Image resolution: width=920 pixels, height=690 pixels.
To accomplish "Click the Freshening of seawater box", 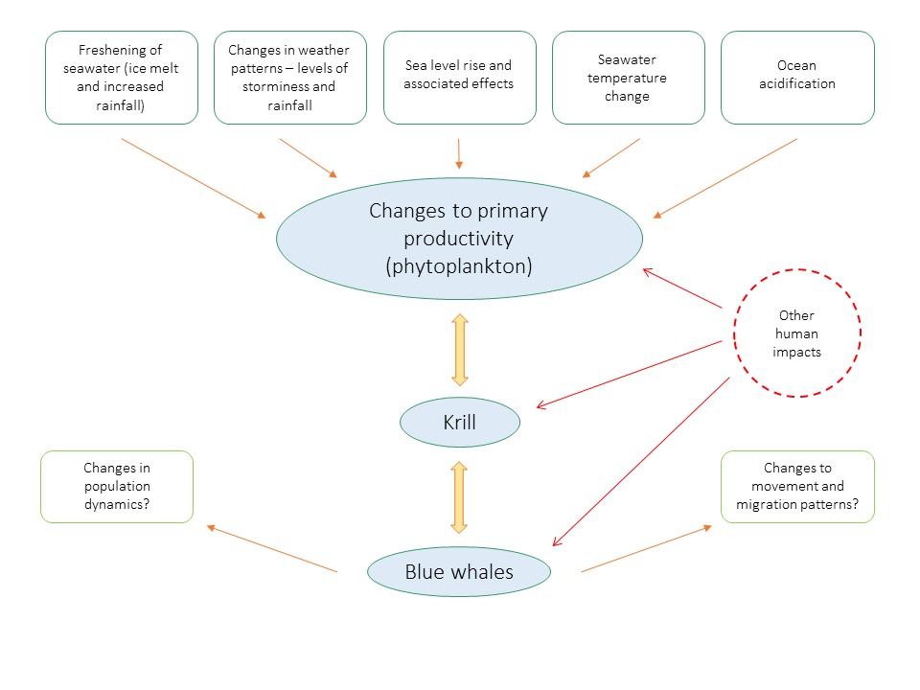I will pyautogui.click(x=122, y=78).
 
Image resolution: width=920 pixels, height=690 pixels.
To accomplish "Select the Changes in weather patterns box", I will pyautogui.click(x=290, y=78).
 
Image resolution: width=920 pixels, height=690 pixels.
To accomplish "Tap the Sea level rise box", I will pyautogui.click(x=459, y=78).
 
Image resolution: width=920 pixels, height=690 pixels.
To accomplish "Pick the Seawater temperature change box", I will pyautogui.click(x=629, y=78).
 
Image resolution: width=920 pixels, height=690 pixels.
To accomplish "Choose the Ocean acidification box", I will pyautogui.click(x=797, y=78).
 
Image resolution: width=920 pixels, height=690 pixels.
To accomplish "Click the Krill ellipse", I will pyautogui.click(x=459, y=423).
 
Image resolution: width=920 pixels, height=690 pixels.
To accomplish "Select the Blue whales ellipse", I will pyautogui.click(x=459, y=572).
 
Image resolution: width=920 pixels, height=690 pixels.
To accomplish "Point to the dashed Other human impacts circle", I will pyautogui.click(x=797, y=333).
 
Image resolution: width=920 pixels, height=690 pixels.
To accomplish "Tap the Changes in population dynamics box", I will pyautogui.click(x=117, y=487).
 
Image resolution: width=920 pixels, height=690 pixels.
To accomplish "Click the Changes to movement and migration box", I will pyautogui.click(x=797, y=487).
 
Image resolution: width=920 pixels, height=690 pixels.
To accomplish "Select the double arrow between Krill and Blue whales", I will pyautogui.click(x=459, y=496).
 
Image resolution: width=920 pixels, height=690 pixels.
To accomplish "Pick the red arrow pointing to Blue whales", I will pyautogui.click(x=641, y=461).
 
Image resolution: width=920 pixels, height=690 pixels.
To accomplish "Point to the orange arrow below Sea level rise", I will pyautogui.click(x=459, y=153).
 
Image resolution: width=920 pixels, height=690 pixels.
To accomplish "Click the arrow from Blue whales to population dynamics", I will pyautogui.click(x=272, y=548).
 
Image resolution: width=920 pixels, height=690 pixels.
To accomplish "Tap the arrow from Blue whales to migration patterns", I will pyautogui.click(x=647, y=548).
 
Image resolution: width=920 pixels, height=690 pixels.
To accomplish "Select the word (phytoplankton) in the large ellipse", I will pyautogui.click(x=459, y=267).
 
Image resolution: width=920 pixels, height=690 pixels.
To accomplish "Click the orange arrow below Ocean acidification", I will pyautogui.click(x=725, y=177).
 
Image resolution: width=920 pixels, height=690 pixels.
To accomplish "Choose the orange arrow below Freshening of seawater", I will pyautogui.click(x=194, y=177).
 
